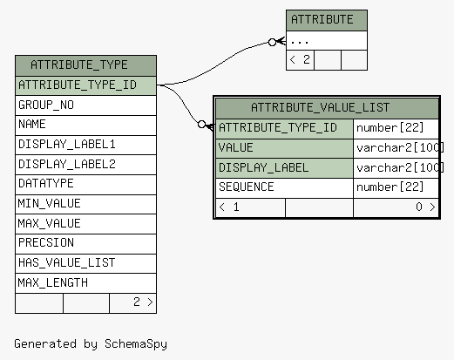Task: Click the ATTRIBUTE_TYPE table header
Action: [85, 65]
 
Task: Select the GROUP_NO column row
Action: [85, 105]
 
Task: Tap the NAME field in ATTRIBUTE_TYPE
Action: [85, 125]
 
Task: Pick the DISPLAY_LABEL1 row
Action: [85, 145]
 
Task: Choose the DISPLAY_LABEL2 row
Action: [85, 165]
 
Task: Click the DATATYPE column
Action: [85, 184]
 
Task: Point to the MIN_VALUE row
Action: [85, 204]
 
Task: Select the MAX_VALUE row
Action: [85, 224]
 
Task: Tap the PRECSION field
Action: [85, 243]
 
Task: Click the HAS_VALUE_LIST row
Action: [85, 263]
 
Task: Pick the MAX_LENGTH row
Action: [85, 283]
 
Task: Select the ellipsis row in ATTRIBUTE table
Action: [327, 41]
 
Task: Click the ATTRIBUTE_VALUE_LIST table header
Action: [327, 108]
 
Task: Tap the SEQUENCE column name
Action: [285, 187]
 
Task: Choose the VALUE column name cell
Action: [285, 148]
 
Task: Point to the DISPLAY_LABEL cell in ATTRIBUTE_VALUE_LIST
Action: [285, 168]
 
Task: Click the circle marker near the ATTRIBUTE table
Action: [272, 43]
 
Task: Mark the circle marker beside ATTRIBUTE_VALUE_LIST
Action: [201, 125]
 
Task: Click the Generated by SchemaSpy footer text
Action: [91, 344]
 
